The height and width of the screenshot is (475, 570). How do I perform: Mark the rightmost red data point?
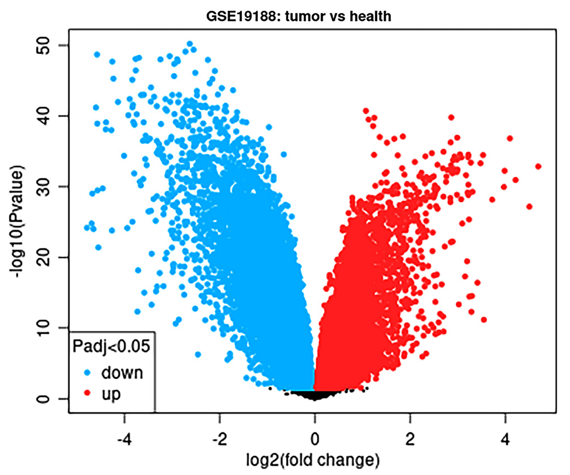(538, 166)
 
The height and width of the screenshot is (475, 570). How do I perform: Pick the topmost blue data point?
(190, 44)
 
